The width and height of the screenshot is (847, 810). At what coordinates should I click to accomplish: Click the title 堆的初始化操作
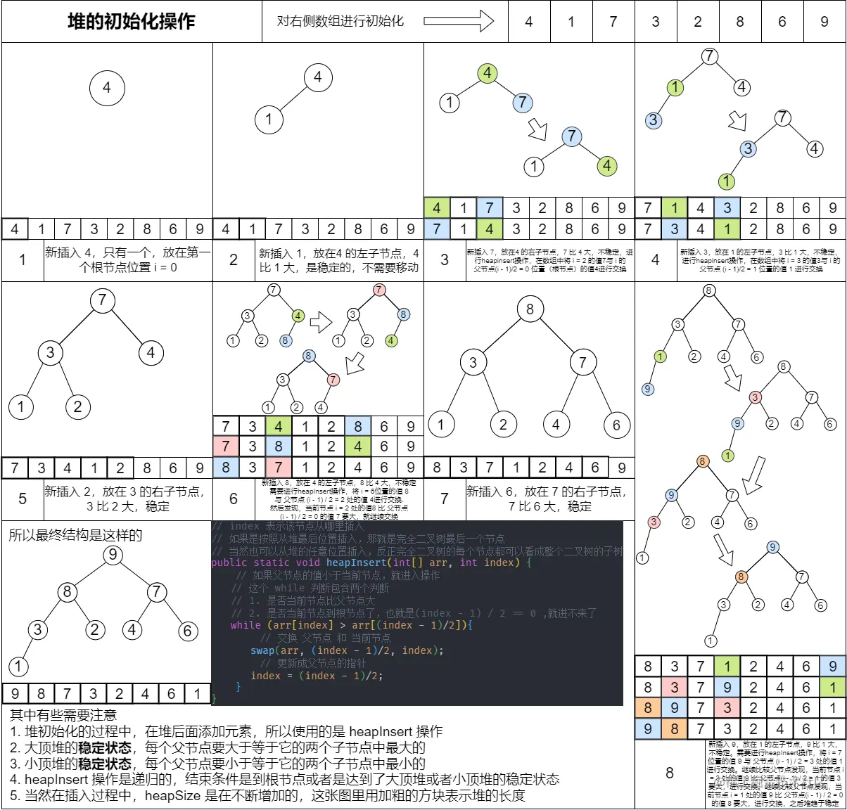point(132,22)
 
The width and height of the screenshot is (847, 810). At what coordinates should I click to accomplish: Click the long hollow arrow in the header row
point(459,21)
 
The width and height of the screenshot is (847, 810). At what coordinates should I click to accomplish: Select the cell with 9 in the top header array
point(824,22)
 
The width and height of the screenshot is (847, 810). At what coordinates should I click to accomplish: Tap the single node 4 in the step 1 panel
point(107,88)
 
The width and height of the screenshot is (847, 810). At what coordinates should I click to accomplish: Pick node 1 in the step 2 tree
point(269,120)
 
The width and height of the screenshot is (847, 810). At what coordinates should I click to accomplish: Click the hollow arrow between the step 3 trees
point(537,129)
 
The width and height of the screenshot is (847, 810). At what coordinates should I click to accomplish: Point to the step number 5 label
point(23,499)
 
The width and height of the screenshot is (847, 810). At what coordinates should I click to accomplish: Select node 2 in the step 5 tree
point(77,406)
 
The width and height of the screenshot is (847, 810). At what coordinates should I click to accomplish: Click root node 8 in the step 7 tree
point(530,309)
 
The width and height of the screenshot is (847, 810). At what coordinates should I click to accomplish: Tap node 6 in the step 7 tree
point(616,425)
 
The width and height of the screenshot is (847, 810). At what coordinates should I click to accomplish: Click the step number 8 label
point(670,773)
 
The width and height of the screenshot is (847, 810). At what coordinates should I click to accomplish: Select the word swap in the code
point(262,650)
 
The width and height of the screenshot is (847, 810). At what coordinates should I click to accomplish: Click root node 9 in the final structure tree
point(113,555)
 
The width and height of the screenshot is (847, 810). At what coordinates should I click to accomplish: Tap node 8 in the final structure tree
point(67,592)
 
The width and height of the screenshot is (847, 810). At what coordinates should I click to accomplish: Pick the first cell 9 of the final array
point(15,694)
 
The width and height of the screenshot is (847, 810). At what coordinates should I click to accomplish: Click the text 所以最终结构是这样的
point(75,535)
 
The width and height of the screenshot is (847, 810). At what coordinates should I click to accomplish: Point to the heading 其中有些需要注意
point(63,715)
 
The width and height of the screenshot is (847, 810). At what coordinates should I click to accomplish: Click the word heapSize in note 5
point(173,795)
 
